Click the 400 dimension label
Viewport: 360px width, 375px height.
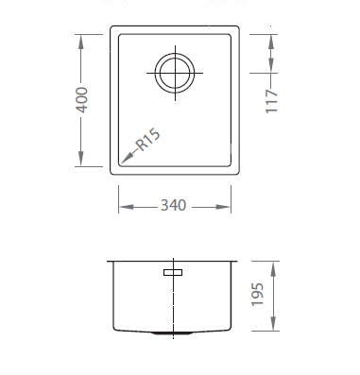(81, 100)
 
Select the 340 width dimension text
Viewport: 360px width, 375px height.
(174, 205)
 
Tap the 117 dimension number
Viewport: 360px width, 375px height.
(271, 101)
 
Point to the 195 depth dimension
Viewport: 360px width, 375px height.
(257, 295)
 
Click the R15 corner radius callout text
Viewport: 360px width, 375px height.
(148, 140)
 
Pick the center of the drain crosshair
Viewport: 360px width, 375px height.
(175, 73)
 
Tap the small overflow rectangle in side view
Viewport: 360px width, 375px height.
(173, 272)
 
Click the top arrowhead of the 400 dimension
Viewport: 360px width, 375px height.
(81, 42)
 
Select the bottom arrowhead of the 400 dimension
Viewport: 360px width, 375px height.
(81, 159)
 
